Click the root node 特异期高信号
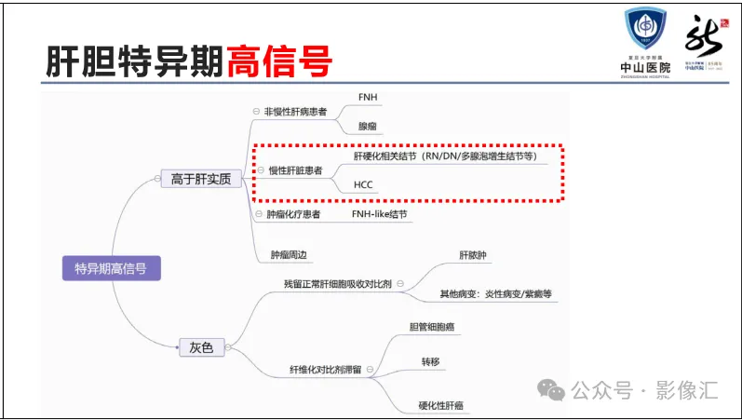(110, 270)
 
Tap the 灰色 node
(201, 347)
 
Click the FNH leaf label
(368, 97)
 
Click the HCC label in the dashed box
(363, 185)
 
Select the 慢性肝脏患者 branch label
(296, 171)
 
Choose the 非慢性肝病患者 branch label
(295, 112)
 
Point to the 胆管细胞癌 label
(432, 327)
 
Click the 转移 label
(429, 360)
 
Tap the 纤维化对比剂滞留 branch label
(324, 371)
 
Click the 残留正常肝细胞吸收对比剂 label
(337, 283)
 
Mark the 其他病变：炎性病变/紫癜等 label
(496, 294)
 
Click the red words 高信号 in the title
(278, 61)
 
